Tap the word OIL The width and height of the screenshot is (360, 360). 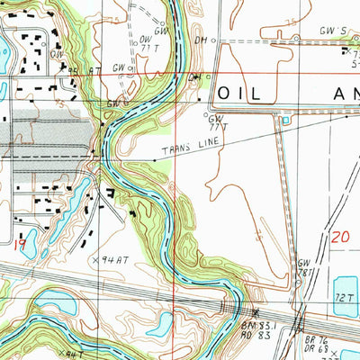point(242,93)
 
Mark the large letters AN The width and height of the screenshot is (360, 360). point(331,93)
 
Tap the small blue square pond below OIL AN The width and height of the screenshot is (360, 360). point(286,120)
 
